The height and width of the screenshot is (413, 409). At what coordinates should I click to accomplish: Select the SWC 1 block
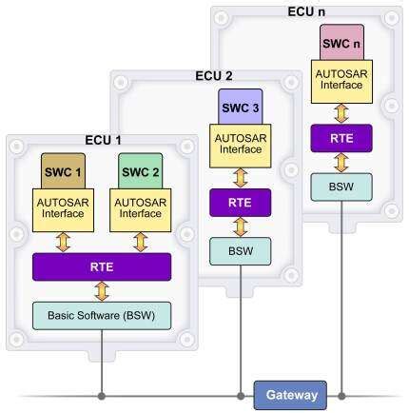pyautogui.click(x=64, y=172)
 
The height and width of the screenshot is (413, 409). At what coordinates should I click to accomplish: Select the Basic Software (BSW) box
pyautogui.click(x=102, y=314)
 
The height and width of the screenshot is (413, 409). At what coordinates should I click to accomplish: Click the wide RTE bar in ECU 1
pyautogui.click(x=102, y=265)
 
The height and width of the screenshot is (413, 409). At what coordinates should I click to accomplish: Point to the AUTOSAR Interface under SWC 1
pyautogui.click(x=64, y=206)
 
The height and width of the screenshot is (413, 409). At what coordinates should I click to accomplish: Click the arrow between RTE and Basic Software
pyautogui.click(x=102, y=290)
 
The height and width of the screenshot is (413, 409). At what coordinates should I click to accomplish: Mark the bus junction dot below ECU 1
pyautogui.click(x=102, y=392)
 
